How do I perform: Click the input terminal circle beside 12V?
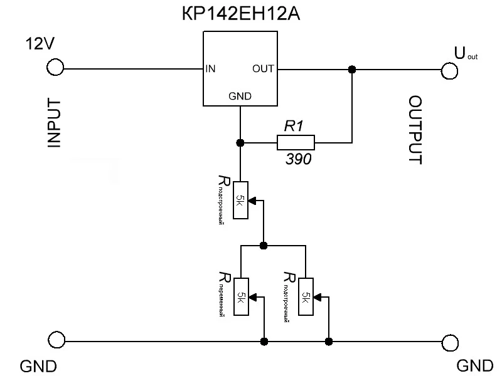pos(55,68)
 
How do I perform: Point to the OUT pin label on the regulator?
pos(262,69)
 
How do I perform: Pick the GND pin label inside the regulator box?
pos(240,96)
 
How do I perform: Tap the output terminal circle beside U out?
pos(449,71)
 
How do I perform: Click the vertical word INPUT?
pos(54,123)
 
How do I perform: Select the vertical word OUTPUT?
pos(415,130)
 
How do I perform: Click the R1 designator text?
pos(294,126)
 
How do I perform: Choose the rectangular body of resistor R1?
pos(296,144)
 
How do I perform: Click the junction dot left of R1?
pos(240,144)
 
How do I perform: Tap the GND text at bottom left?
pos(39,365)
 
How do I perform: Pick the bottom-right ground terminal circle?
pos(449,342)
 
